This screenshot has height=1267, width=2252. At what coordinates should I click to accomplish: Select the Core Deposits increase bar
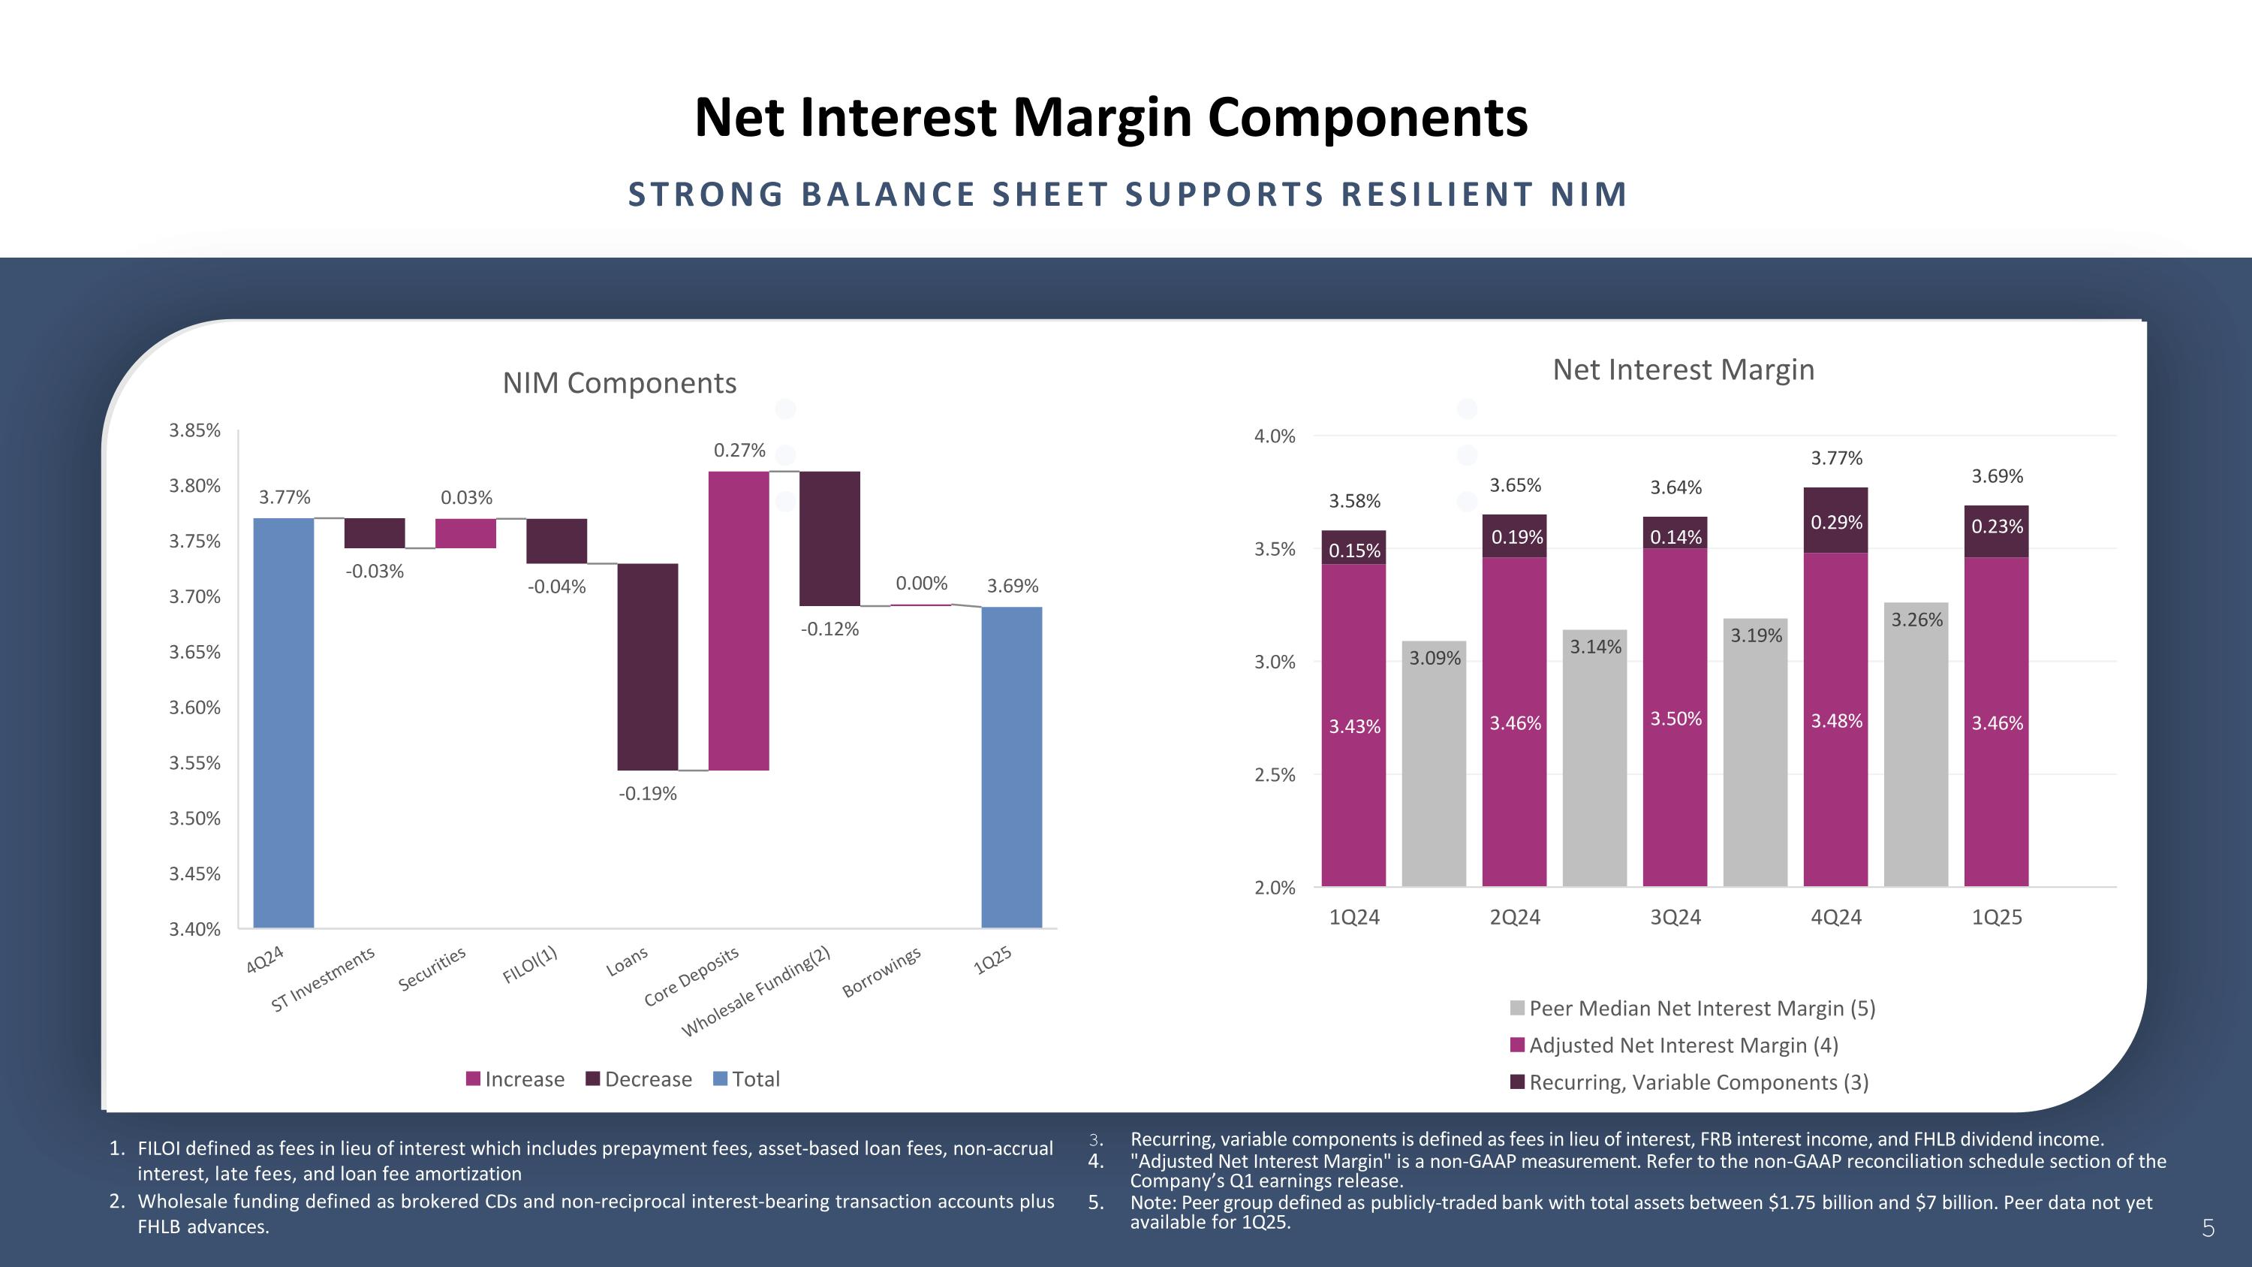tap(739, 621)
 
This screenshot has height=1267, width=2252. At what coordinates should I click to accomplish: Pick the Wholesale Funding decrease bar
tap(829, 538)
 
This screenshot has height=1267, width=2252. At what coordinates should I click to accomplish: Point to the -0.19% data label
tap(648, 794)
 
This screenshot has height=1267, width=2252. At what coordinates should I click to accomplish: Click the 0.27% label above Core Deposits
tap(739, 451)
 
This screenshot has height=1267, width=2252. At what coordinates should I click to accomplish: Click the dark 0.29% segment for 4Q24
tap(1836, 521)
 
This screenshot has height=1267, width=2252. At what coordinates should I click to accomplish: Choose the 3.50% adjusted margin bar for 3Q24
tap(1675, 717)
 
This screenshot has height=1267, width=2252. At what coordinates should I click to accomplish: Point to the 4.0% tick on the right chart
tap(1275, 436)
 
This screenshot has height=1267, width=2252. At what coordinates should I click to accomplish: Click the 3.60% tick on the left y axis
tap(194, 707)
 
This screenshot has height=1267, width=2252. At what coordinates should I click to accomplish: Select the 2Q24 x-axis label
tap(1515, 917)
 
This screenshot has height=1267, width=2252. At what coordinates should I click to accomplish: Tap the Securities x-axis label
tap(432, 969)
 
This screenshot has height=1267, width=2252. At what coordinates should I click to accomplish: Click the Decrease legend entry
tap(639, 1079)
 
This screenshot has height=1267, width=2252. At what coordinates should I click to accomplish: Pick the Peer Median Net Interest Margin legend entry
tap(1693, 1008)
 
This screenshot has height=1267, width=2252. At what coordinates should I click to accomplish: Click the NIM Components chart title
tap(619, 383)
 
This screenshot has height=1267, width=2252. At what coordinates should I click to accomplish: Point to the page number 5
tap(2208, 1229)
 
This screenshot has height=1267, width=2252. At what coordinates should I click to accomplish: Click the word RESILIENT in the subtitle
tap(1438, 194)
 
